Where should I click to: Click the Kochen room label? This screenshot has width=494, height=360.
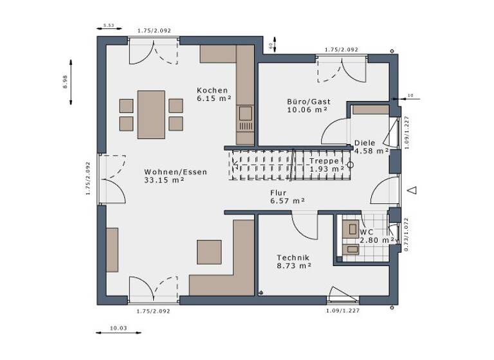point(212,90)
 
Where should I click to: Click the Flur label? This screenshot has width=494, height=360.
point(279,192)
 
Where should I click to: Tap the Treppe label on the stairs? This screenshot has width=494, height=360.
point(324,161)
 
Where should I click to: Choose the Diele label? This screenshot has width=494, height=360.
point(365,143)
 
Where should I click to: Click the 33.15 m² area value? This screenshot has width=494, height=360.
point(165,181)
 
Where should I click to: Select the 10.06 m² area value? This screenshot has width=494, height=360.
point(307,110)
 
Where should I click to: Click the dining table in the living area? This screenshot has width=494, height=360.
point(151,114)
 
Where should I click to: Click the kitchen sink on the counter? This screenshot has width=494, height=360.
point(245,114)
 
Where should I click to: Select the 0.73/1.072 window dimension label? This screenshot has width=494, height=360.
point(406,235)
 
